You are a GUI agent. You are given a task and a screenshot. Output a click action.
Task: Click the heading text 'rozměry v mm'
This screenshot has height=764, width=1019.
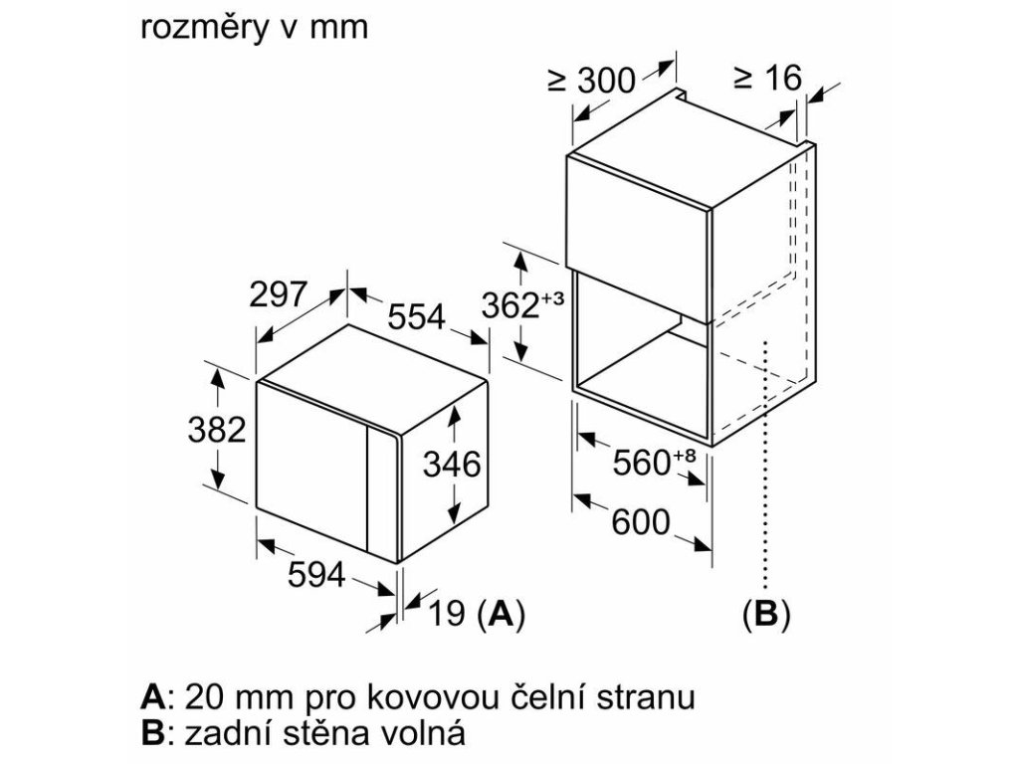coord(255,29)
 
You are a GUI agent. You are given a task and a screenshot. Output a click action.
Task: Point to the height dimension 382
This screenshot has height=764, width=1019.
coord(216,430)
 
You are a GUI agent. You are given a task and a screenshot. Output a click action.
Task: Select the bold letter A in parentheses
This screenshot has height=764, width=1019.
coord(504,615)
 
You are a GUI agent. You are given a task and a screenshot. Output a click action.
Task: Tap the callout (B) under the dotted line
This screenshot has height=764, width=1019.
coord(765,615)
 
